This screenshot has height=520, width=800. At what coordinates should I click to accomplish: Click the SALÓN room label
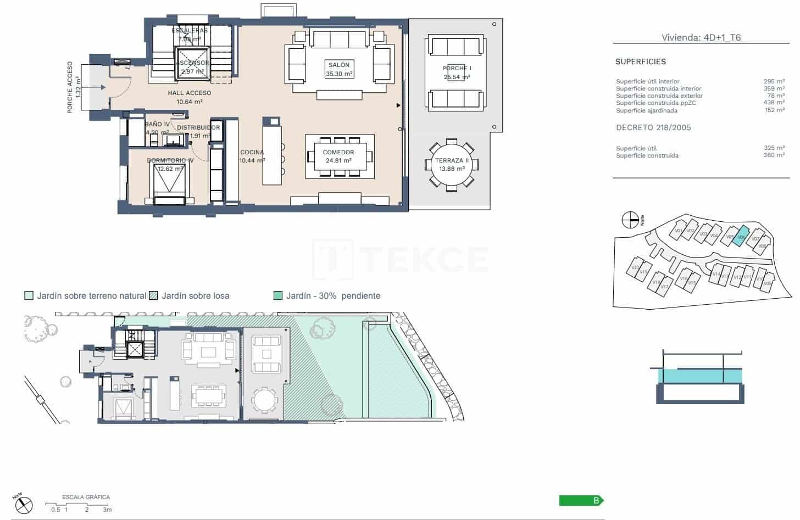(x=339, y=65)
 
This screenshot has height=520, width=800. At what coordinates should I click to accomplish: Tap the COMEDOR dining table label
(x=338, y=152)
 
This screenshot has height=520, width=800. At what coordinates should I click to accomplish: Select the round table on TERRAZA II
(x=452, y=165)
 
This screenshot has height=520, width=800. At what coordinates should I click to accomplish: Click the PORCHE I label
(x=457, y=68)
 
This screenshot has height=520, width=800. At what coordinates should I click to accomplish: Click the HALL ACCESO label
(x=190, y=93)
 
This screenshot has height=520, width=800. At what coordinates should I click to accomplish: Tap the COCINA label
(x=252, y=153)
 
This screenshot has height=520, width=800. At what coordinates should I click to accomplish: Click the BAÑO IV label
(x=157, y=125)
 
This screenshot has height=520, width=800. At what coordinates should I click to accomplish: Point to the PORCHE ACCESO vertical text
(x=70, y=87)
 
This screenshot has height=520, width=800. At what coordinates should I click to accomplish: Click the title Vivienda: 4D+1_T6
(x=701, y=38)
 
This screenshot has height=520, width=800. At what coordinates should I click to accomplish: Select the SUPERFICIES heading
(x=640, y=62)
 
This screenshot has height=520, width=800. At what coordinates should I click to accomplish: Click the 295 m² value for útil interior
(x=774, y=81)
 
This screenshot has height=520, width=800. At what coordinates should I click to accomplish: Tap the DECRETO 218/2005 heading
(x=653, y=127)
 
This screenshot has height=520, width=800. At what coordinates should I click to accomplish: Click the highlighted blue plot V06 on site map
(x=742, y=234)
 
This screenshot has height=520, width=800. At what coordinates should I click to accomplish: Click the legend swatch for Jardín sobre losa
(x=154, y=296)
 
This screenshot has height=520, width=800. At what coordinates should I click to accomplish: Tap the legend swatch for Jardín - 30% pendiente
(x=278, y=296)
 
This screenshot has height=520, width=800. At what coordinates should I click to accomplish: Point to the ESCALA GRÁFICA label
(x=86, y=497)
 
